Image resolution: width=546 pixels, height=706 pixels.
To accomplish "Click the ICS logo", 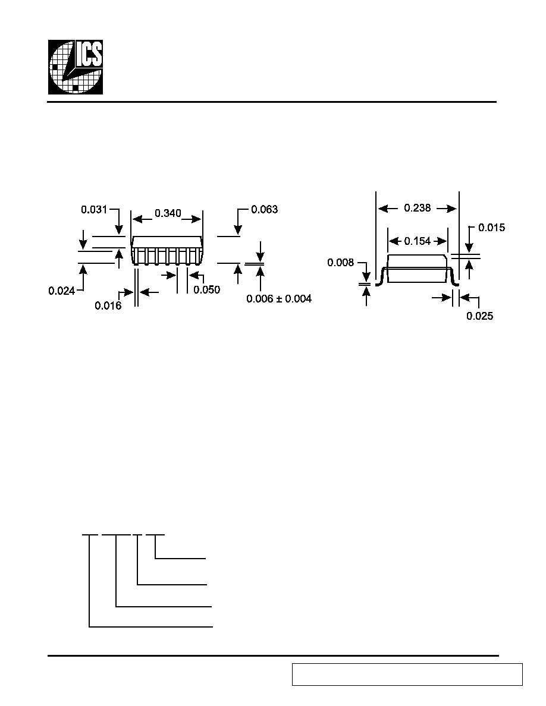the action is [76, 67].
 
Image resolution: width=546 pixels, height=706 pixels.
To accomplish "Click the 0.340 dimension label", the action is [168, 213].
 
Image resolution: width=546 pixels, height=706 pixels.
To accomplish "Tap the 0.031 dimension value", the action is [94, 209].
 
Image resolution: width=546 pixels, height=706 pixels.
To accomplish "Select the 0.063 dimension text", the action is [265, 209].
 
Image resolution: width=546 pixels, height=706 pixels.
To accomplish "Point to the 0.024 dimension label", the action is [62, 291].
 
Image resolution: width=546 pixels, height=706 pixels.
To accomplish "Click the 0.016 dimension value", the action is [108, 305].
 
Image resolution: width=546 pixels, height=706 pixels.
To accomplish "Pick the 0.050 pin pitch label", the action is [207, 289].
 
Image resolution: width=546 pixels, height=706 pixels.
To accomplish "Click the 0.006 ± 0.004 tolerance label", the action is [279, 298].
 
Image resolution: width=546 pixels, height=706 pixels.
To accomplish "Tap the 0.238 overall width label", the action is [417, 208].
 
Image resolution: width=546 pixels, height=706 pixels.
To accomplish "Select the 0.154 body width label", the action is [417, 241].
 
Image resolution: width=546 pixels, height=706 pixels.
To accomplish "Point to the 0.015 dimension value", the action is [491, 228].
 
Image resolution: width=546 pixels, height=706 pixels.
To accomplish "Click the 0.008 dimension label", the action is [341, 263].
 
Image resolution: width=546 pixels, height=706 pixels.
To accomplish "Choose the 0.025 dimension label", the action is [480, 316].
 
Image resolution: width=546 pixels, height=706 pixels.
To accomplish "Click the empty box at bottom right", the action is [407, 674].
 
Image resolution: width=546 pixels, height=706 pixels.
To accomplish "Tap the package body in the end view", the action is [418, 269].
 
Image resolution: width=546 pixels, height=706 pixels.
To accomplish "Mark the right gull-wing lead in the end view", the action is [454, 276].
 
